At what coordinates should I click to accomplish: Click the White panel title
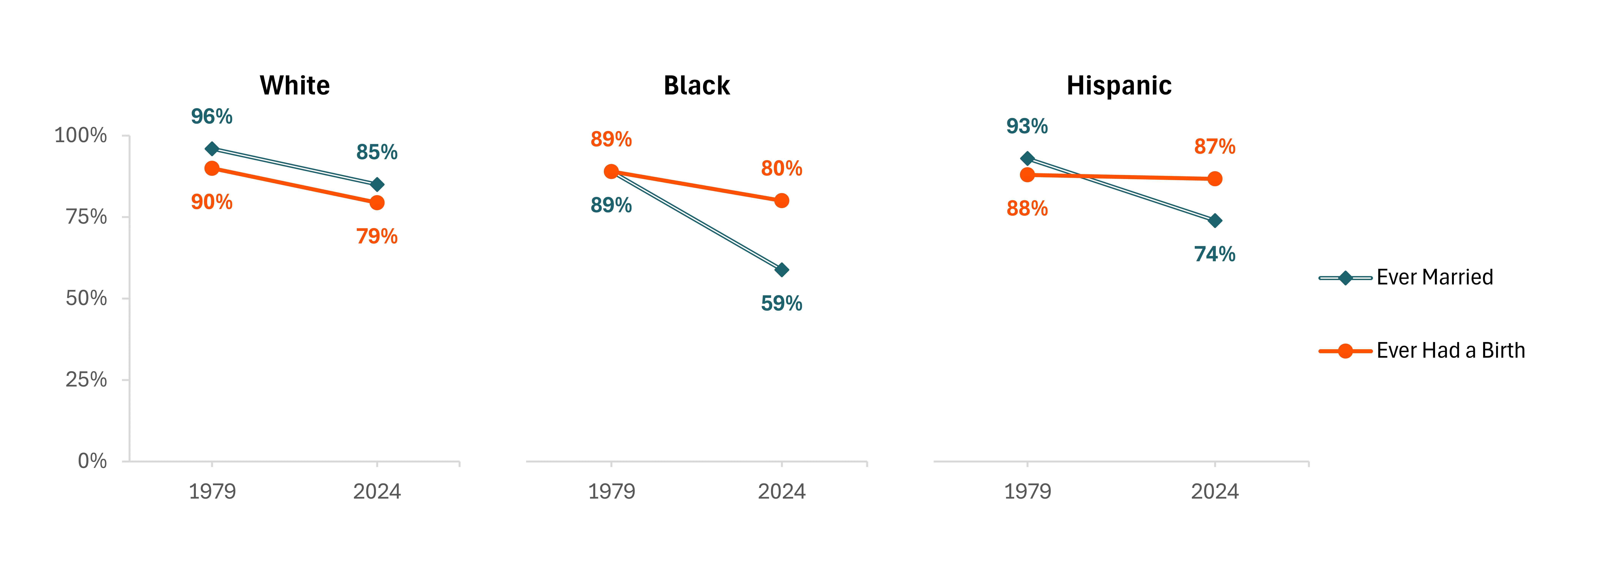coord(295,85)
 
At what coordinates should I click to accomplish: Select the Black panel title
coord(697,85)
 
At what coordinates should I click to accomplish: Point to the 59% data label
coord(782,303)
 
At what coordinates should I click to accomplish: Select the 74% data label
coord(1215,254)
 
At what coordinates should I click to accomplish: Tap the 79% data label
coord(377,236)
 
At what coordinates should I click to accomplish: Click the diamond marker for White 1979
coord(212,149)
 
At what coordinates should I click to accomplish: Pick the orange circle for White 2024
coord(377,203)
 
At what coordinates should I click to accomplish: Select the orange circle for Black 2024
coord(782,201)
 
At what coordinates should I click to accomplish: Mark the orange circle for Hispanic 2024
coord(1215,179)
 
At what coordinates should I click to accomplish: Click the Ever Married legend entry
coord(1406,277)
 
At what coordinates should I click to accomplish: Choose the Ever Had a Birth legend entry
coord(1422,351)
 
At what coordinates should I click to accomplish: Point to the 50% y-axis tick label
coord(86,298)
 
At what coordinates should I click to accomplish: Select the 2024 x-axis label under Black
coord(782,491)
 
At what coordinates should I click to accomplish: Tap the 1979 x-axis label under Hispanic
coord(1028,491)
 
